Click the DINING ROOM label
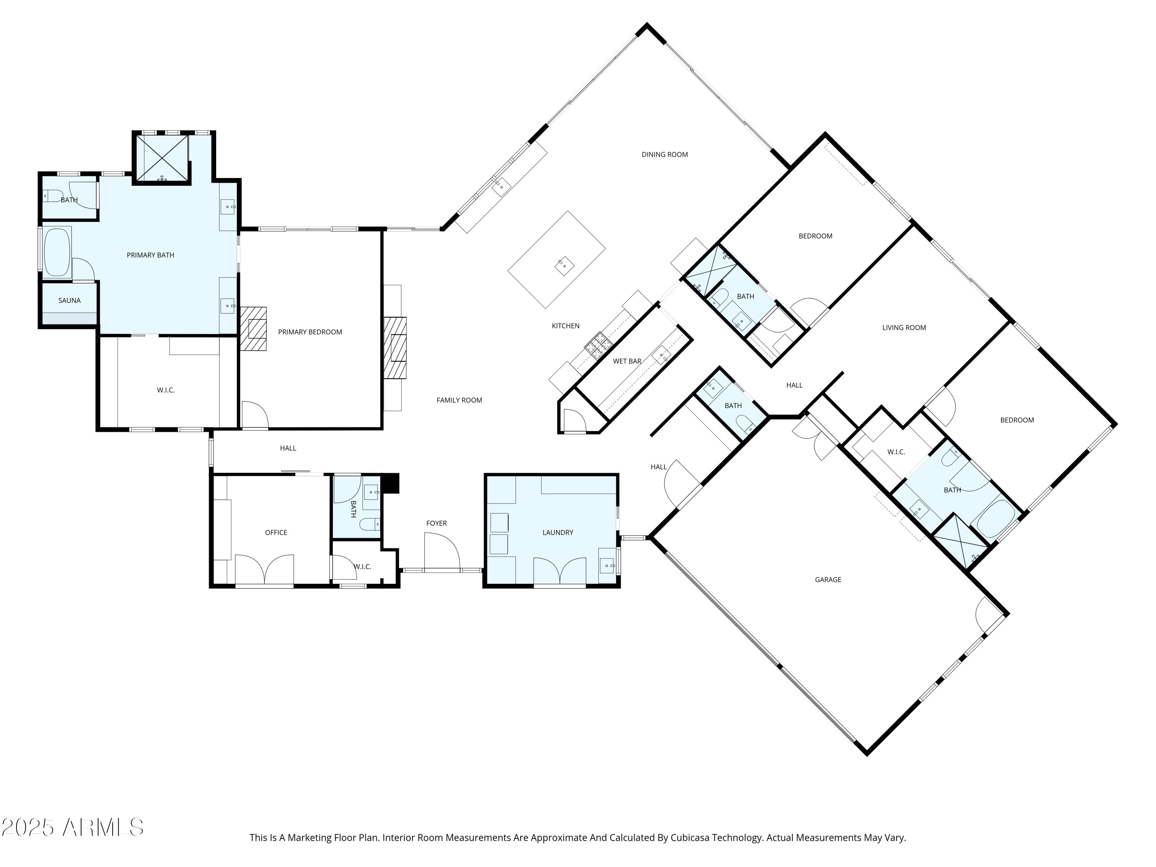pos(664,154)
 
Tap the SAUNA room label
pos(69,301)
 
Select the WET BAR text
pos(627,361)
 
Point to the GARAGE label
pos(828,580)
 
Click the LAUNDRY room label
pos(558,533)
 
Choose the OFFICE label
pos(276,533)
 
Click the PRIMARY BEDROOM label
pos(310,332)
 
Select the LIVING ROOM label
pos(904,328)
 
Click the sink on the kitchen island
pos(564,266)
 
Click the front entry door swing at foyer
pos(442,551)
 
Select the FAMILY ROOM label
pos(459,400)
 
